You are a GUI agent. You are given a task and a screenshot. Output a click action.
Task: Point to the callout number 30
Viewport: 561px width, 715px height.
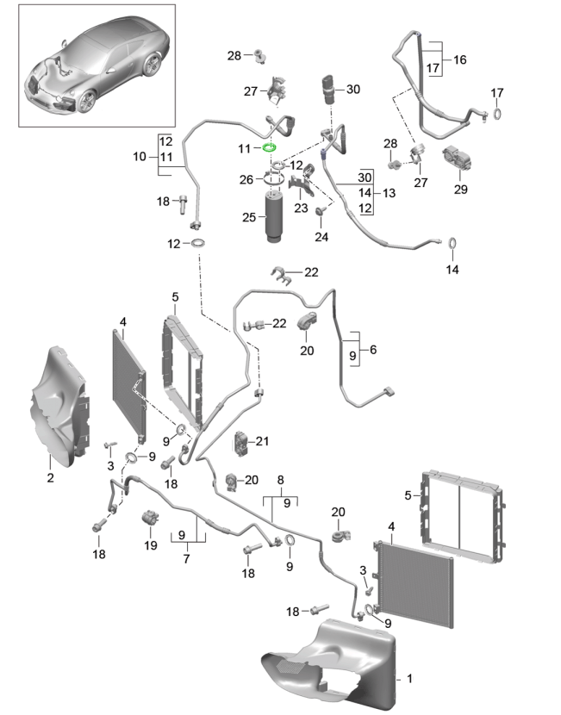click(x=353, y=89)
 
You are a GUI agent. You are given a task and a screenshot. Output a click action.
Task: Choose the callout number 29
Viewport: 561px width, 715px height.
click(x=460, y=189)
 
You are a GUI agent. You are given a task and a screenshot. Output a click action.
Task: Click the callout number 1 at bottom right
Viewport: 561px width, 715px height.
click(x=409, y=680)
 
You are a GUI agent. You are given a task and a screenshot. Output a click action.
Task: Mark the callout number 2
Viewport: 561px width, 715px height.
click(x=51, y=476)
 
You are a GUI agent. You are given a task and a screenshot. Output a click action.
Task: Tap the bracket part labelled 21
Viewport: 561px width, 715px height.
click(x=240, y=443)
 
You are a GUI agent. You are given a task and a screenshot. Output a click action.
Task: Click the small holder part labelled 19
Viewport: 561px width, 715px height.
click(x=150, y=519)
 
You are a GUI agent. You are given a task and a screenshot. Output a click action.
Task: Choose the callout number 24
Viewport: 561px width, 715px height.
click(x=321, y=237)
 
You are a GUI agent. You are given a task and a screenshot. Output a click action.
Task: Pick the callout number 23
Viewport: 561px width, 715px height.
click(x=301, y=207)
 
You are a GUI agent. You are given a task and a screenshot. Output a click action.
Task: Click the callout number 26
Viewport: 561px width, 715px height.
click(x=246, y=179)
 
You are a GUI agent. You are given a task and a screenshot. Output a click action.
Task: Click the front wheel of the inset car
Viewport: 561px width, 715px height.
click(x=87, y=102)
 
